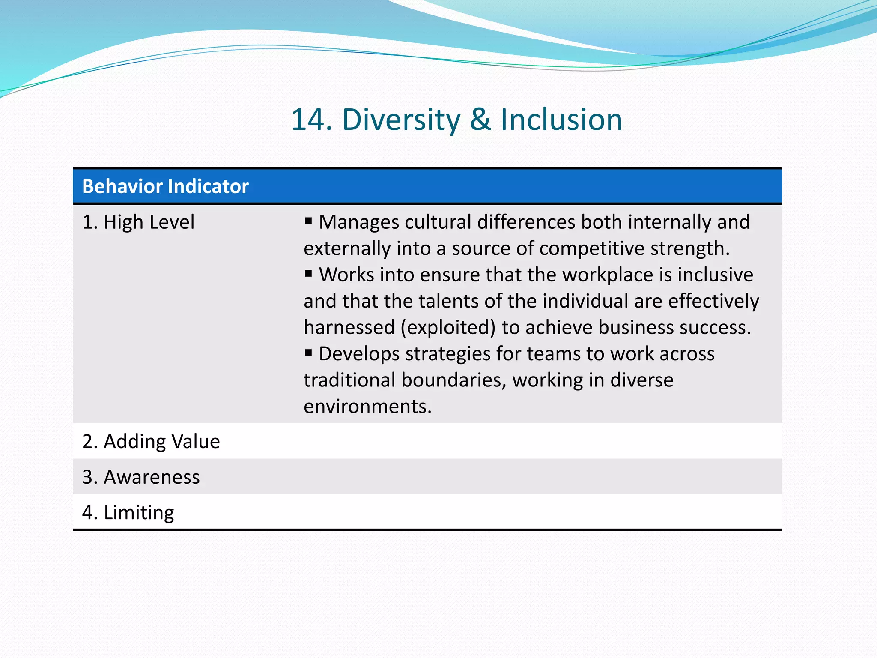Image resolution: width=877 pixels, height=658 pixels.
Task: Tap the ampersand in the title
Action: tap(480, 120)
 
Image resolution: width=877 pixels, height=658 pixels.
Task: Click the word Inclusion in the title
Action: tap(561, 120)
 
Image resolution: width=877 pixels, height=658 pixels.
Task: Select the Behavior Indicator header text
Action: tap(165, 186)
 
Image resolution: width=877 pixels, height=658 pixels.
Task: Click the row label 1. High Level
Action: tap(138, 222)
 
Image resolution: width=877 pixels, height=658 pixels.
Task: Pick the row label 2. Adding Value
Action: tap(151, 442)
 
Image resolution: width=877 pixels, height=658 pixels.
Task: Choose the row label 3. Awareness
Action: tap(141, 477)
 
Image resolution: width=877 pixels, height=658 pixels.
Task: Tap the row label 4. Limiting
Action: tap(128, 513)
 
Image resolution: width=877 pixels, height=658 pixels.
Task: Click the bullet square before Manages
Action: tap(308, 221)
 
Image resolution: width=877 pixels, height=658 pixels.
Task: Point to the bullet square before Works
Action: tap(308, 273)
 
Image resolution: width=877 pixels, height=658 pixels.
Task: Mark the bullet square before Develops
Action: tap(308, 353)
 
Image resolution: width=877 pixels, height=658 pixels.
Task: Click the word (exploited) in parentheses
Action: tap(448, 328)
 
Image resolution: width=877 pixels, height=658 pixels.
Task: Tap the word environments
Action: tap(367, 407)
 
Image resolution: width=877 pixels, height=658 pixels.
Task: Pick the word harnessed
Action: tap(349, 328)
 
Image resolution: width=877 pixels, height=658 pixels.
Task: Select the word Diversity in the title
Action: tap(401, 120)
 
